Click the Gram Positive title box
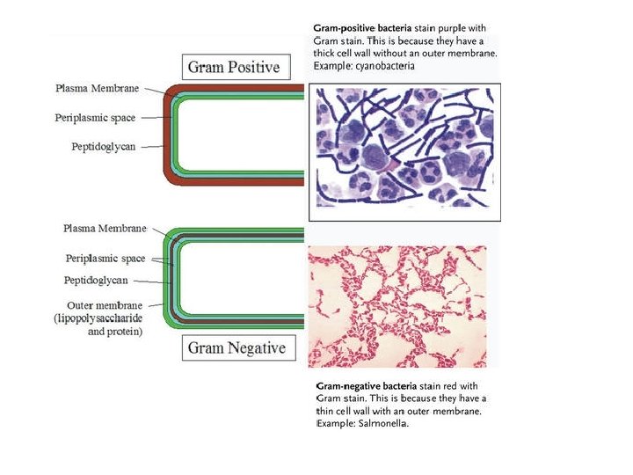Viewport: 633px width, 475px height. pyautogui.click(x=232, y=67)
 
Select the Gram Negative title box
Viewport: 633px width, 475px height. pyautogui.click(x=236, y=347)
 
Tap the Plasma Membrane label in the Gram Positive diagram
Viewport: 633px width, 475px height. pyautogui.click(x=98, y=88)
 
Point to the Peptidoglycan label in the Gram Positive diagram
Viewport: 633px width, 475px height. pyautogui.click(x=104, y=146)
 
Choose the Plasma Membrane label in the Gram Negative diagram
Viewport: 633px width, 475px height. pyautogui.click(x=104, y=228)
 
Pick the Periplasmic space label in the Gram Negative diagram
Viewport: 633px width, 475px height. pyautogui.click(x=105, y=259)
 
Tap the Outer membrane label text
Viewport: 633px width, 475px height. pyautogui.click(x=106, y=304)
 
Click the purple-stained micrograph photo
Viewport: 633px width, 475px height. pyautogui.click(x=404, y=151)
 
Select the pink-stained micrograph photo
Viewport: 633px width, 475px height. pyautogui.click(x=397, y=305)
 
